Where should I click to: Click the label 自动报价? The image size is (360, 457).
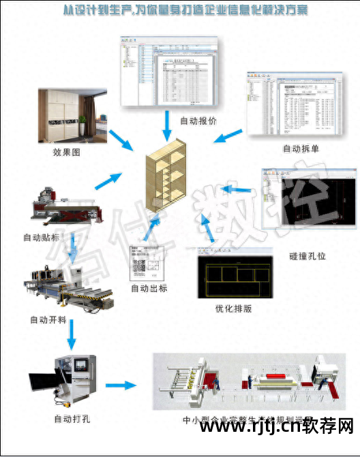pyautogui.click(x=198, y=121)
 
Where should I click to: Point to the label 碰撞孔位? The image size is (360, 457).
pyautogui.click(x=308, y=257)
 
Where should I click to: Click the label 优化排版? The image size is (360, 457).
pyautogui.click(x=233, y=308)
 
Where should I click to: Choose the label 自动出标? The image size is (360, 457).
pyautogui.click(x=149, y=288)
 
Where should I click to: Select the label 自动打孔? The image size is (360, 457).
pyautogui.click(x=72, y=419)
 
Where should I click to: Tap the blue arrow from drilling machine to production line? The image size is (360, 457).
pyautogui.click(x=123, y=385)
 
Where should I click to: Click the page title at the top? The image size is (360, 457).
pyautogui.click(x=180, y=12)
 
